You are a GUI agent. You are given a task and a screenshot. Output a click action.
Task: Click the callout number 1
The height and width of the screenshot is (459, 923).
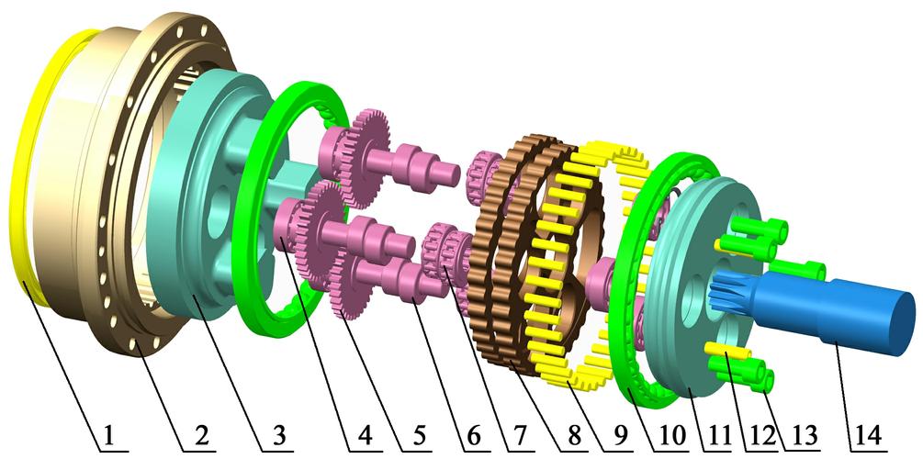(x=107, y=436)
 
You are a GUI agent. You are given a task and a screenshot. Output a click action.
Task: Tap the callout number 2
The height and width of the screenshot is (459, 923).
(x=201, y=436)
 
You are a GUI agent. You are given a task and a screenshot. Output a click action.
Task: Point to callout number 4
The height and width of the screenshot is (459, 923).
(x=365, y=436)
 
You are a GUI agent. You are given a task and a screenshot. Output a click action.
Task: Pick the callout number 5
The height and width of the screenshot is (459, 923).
(x=419, y=436)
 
